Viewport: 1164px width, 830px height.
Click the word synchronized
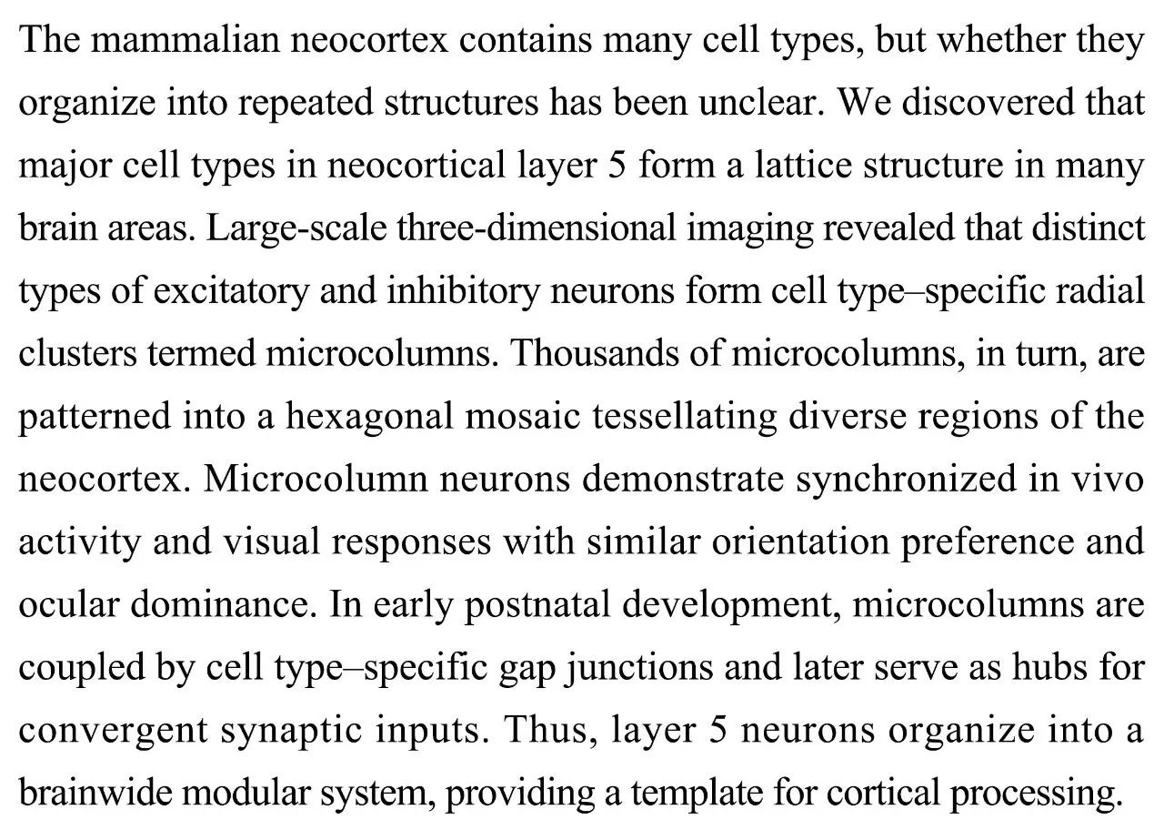coord(919,481)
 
